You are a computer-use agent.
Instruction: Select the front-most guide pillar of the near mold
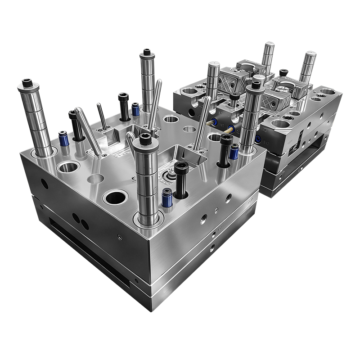pyautogui.click(x=146, y=180)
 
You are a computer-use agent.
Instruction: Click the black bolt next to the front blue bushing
pyautogui.click(x=181, y=180)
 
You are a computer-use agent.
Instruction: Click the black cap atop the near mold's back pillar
pyautogui.click(x=146, y=54)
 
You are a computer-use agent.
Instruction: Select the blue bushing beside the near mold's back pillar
pyautogui.click(x=135, y=109)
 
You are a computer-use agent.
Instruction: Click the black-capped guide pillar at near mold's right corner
pyautogui.click(x=248, y=119)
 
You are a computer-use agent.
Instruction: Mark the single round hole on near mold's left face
pyautogui.click(x=43, y=183)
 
